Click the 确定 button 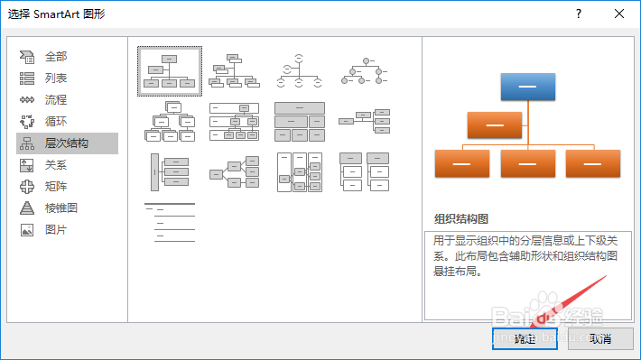pos(525,338)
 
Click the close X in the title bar pos(618,14)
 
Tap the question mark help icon pos(578,14)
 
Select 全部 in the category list pos(56,57)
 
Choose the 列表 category pos(56,78)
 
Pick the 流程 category pos(56,100)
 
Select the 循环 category pos(56,122)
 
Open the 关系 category pos(56,165)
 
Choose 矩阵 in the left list pos(56,187)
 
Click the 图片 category pos(56,230)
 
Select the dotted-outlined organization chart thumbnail pos(170,71)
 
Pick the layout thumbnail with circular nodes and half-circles pos(300,71)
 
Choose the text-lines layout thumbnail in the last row pos(170,222)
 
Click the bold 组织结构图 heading pos(461,218)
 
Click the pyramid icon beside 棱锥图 pos(27,208)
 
